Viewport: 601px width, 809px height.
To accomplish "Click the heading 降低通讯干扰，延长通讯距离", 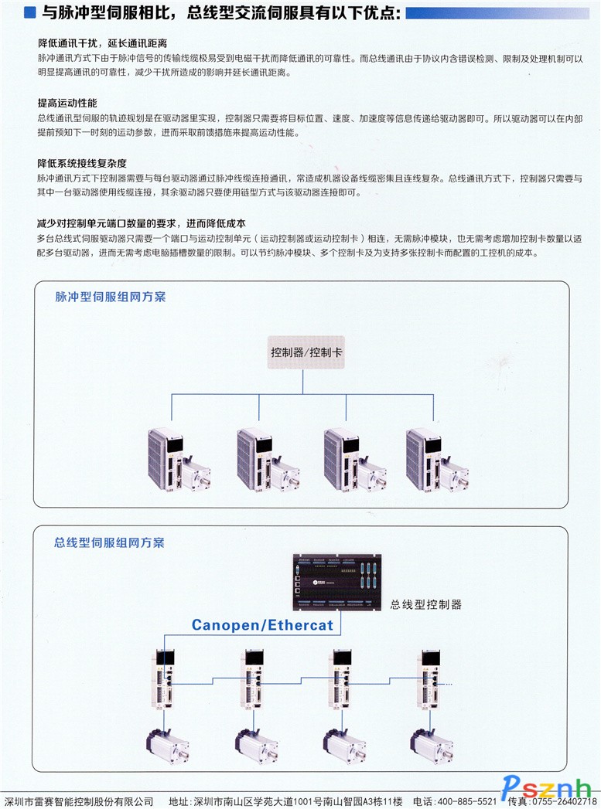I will [102, 43].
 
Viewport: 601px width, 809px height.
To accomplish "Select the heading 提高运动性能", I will [67, 103].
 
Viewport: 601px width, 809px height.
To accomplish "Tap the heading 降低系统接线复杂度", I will [82, 163].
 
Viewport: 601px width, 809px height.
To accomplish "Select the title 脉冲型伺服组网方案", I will [111, 297].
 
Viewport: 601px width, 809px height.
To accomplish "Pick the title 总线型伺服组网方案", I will [110, 542].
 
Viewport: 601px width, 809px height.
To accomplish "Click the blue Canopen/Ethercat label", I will [262, 624].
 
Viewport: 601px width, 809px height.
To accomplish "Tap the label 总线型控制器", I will [426, 604].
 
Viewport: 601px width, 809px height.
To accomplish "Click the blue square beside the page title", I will [29, 12].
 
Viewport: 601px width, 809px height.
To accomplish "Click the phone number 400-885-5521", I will [466, 801].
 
